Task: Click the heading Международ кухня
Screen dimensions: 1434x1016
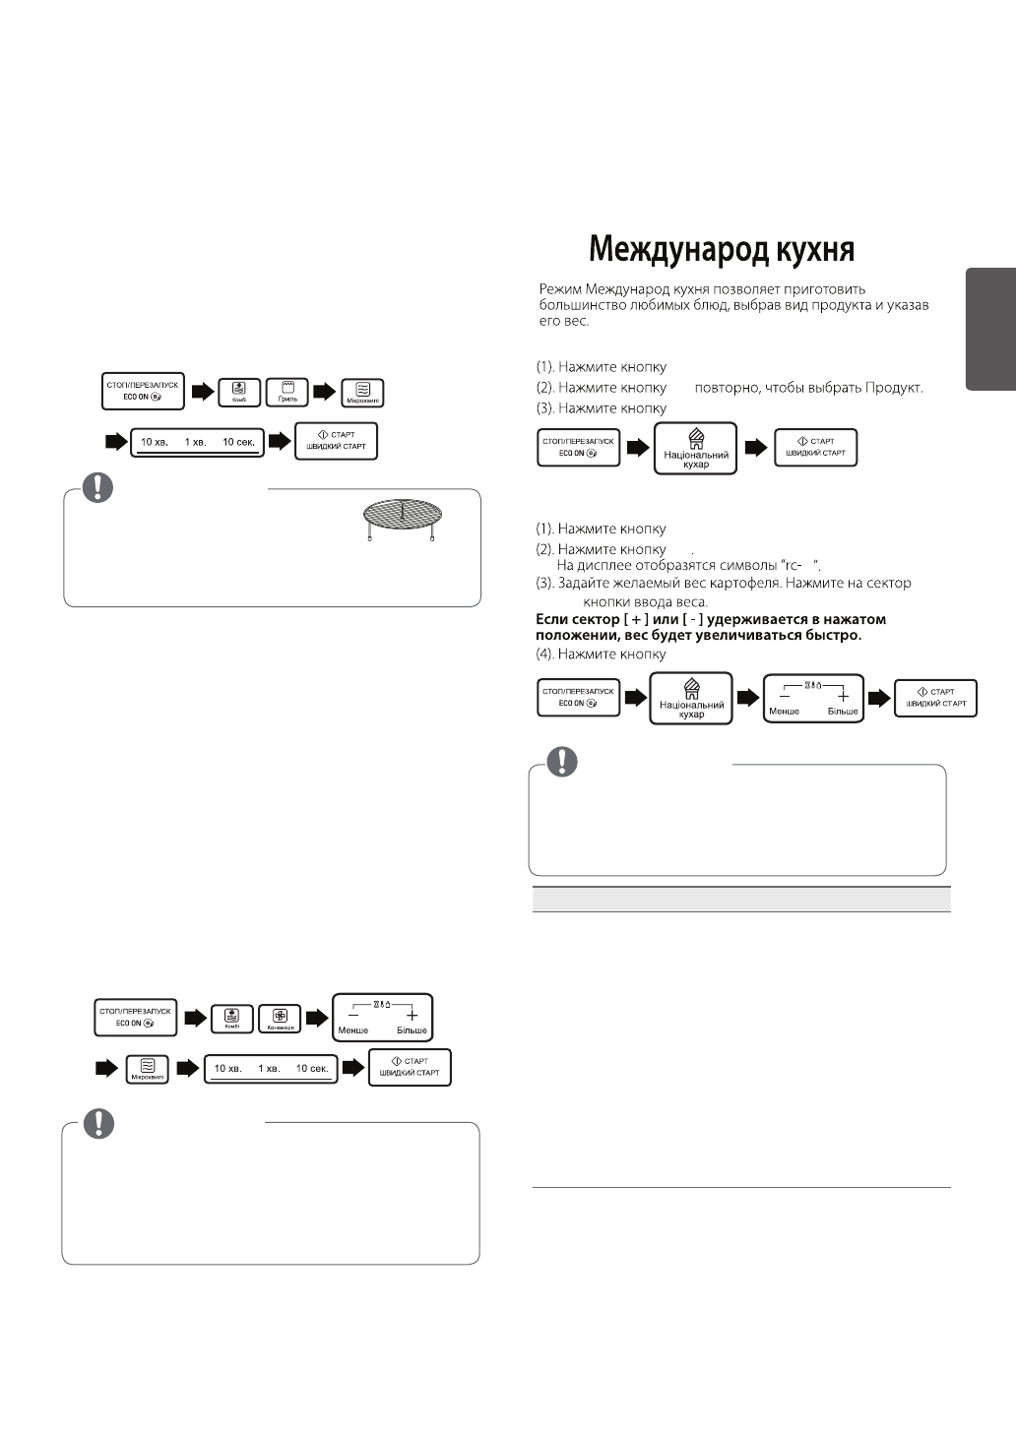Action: pyautogui.click(x=722, y=250)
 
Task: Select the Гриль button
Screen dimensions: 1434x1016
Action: pyautogui.click(x=287, y=393)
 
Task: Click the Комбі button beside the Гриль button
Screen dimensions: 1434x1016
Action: pyautogui.click(x=238, y=393)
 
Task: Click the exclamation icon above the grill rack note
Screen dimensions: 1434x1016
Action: pyautogui.click(x=97, y=488)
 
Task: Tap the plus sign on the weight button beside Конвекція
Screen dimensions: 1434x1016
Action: pyautogui.click(x=412, y=1015)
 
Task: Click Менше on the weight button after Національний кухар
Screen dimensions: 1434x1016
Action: pyautogui.click(x=785, y=711)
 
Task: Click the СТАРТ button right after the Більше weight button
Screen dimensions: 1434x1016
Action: pyautogui.click(x=935, y=698)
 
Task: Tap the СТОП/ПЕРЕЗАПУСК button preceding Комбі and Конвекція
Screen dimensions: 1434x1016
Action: pyautogui.click(x=136, y=1016)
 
